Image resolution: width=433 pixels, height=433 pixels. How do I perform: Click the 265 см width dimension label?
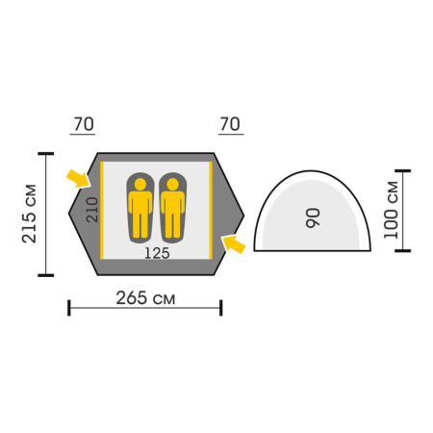click(145, 298)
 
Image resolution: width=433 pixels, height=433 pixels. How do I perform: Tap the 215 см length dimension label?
click(29, 214)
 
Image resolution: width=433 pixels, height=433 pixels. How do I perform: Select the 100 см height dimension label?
click(391, 210)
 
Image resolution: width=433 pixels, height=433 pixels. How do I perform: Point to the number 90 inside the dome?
click(313, 218)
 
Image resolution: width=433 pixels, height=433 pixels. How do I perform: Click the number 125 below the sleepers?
click(157, 253)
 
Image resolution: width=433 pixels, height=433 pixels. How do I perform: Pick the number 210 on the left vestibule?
click(92, 210)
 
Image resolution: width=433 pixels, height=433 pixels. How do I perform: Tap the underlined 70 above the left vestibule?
click(84, 124)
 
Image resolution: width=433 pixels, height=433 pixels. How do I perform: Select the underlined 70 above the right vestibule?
click(230, 124)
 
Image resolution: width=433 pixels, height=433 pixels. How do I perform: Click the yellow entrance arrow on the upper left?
click(78, 179)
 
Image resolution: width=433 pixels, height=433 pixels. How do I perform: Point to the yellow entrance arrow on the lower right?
click(234, 244)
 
